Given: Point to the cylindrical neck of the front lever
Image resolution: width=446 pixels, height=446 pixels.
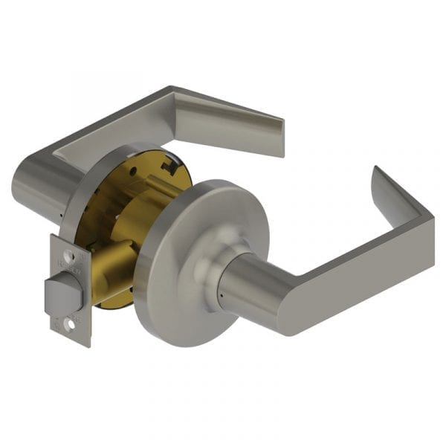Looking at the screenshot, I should point(245,286).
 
